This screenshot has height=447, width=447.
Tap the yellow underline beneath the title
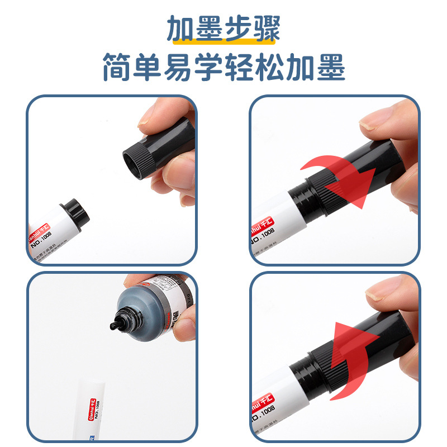tap(223, 41)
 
